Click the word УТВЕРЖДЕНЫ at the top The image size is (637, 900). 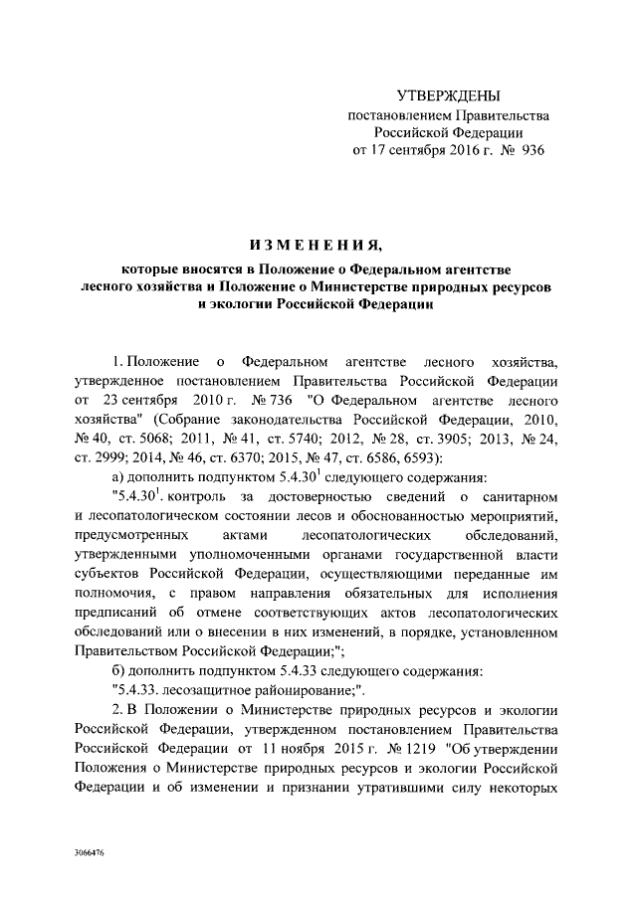[447, 96]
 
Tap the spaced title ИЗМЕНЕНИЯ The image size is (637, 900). [318, 245]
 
